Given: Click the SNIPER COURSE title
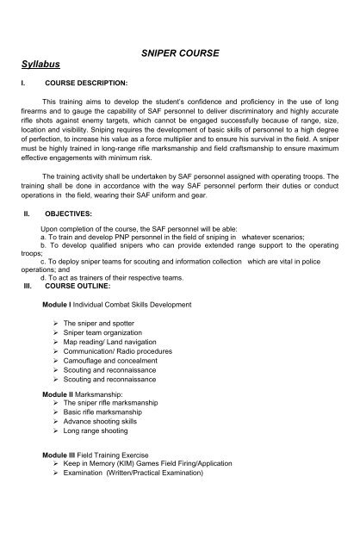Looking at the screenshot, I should coord(179,53).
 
